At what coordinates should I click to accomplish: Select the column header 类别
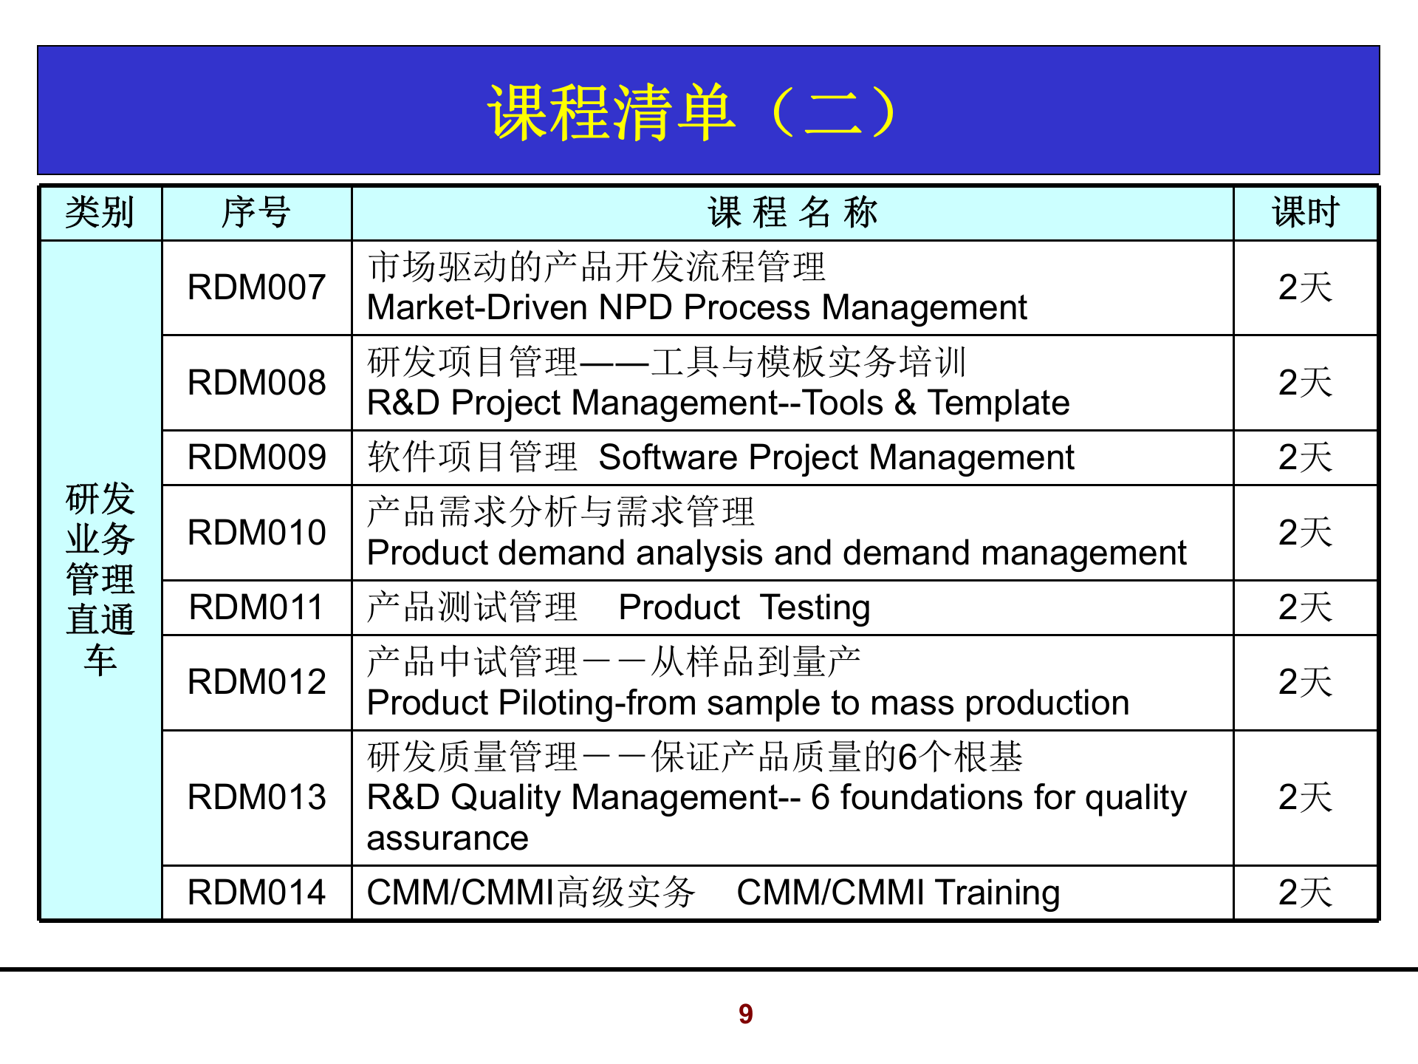click(x=100, y=213)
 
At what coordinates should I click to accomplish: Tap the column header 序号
click(x=256, y=213)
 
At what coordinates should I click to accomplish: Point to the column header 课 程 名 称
click(x=792, y=213)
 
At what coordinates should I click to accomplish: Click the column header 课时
click(x=1305, y=213)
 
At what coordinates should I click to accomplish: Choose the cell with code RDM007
click(x=256, y=287)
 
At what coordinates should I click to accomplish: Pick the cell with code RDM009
click(x=256, y=457)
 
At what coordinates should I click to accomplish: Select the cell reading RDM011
click(x=256, y=607)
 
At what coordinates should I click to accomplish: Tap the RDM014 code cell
click(x=256, y=893)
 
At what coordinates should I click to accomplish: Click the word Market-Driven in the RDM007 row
click(x=476, y=308)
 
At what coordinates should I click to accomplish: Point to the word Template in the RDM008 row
click(x=998, y=403)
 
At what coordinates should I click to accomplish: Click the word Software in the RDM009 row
click(x=667, y=457)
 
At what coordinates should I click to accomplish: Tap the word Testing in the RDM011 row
click(x=815, y=607)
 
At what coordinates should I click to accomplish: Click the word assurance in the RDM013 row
click(x=448, y=839)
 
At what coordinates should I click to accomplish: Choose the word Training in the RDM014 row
click(x=997, y=893)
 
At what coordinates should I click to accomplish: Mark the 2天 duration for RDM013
click(x=1305, y=798)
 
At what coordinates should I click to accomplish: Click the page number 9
click(x=745, y=1014)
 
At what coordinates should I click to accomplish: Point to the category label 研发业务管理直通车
click(x=100, y=580)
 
